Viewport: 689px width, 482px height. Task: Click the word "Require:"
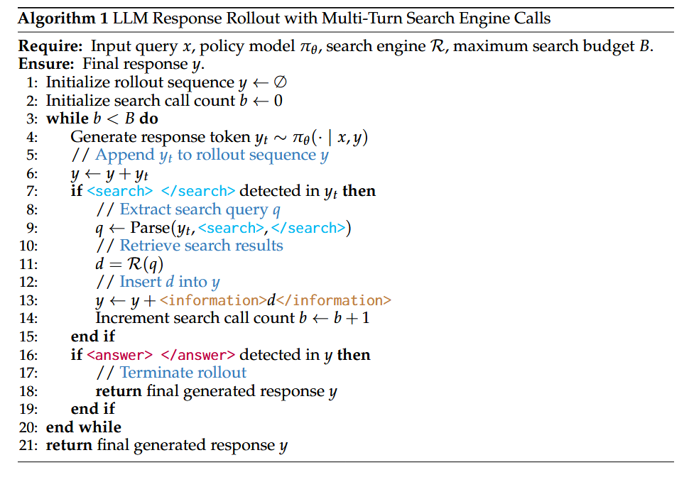point(50,47)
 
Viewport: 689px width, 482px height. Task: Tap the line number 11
point(28,264)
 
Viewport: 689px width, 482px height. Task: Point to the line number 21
point(28,446)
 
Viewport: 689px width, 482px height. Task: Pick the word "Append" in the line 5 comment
point(124,155)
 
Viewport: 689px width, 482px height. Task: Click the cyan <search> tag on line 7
point(119,192)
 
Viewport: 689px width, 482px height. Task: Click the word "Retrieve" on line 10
point(150,246)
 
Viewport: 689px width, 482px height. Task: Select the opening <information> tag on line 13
point(217,300)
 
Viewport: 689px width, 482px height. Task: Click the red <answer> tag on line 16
point(119,355)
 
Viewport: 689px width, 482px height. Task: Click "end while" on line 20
point(84,427)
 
